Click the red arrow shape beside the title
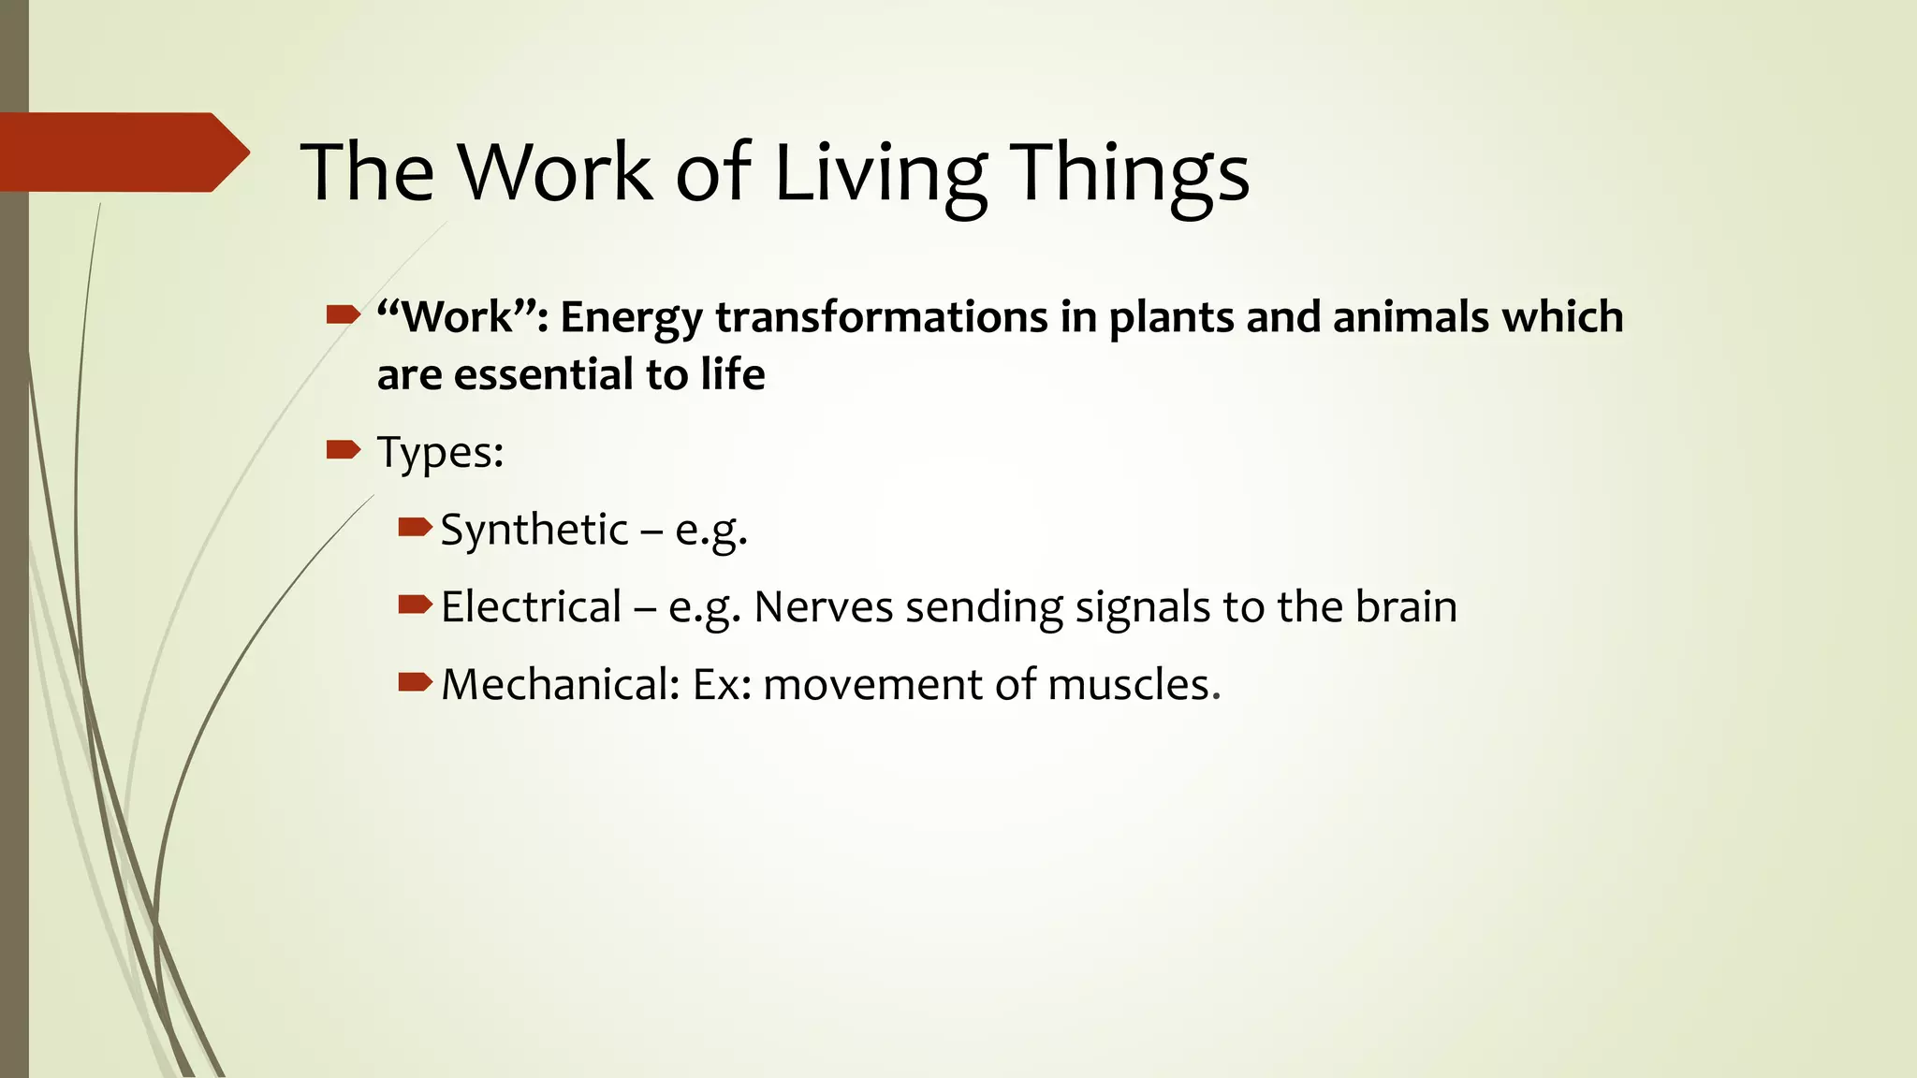(122, 153)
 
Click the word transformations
(881, 317)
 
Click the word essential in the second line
(544, 375)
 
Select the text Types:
(440, 453)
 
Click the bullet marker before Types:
(343, 451)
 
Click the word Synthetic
(534, 531)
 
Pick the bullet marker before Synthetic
(414, 529)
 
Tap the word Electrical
(531, 607)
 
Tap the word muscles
(1134, 685)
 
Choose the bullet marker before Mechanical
(414, 682)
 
